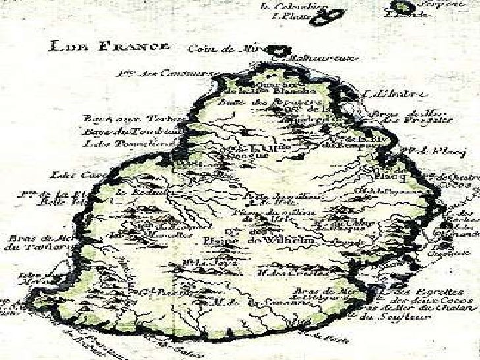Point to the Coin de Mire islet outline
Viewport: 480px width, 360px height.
click(x=283, y=51)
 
